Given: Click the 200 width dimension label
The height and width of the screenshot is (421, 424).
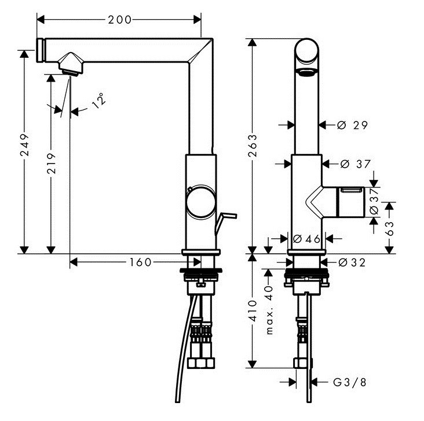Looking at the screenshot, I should coord(119,19).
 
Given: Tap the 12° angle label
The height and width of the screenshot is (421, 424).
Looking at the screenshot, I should coord(100,101).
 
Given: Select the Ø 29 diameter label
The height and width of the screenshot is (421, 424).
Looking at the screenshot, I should coord(352,125).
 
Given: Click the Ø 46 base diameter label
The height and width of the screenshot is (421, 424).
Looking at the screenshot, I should coord(306,238).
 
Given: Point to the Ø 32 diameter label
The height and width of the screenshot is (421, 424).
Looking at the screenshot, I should coord(351,263).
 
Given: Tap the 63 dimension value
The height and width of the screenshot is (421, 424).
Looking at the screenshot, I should coord(390,227).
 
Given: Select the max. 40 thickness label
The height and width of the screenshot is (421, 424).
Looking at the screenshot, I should coord(269,310).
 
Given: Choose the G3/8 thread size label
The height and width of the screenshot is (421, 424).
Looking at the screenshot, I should coord(350,382).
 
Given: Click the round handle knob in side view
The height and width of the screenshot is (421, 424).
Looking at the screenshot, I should coord(199,203).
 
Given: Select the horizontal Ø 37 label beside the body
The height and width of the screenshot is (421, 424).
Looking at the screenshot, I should coord(355,164).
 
